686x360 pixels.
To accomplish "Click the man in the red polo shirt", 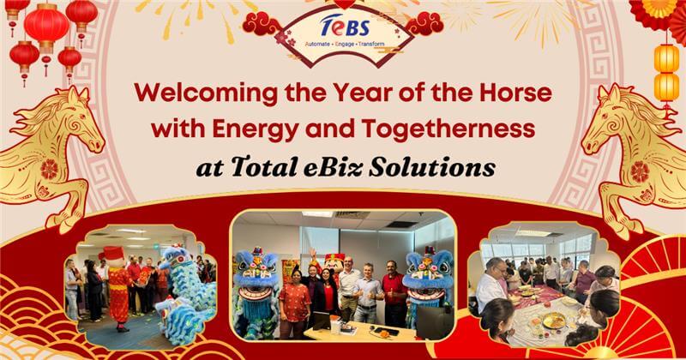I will pyautogui.click(x=393, y=296).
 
